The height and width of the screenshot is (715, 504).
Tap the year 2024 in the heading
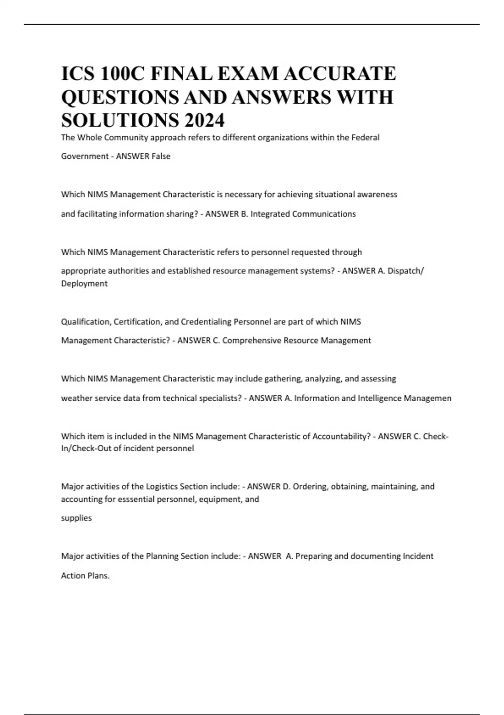point(204,120)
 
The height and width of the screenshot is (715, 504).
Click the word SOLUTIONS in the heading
point(119,120)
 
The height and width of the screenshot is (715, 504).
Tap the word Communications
point(324,214)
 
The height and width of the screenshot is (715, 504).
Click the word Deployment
point(84,283)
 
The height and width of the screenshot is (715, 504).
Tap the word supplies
point(76,518)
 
